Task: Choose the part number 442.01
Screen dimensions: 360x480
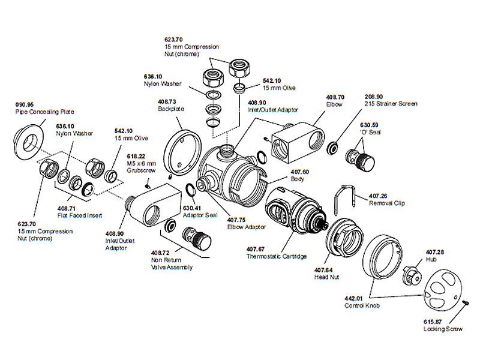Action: pyautogui.click(x=353, y=299)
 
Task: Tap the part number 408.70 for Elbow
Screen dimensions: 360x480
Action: pyautogui.click(x=335, y=97)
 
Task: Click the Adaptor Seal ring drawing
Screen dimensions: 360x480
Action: pyautogui.click(x=188, y=190)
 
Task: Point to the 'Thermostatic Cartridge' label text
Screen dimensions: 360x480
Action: pyautogui.click(x=277, y=256)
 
